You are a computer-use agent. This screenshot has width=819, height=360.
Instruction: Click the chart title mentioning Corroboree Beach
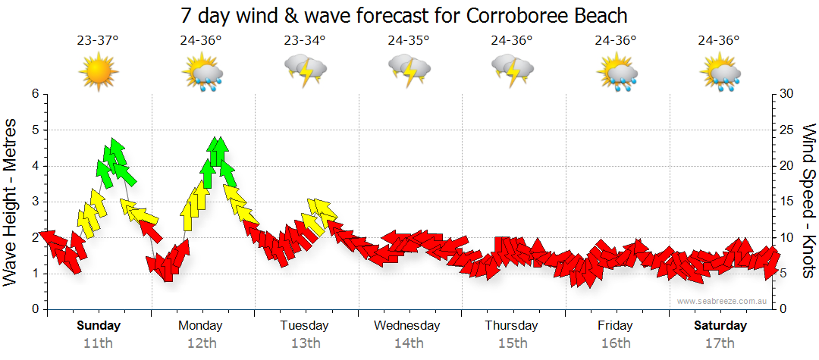[x=405, y=15]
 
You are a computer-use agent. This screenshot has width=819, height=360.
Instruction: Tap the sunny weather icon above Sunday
[x=99, y=72]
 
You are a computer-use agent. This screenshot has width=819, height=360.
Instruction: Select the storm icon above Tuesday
[x=305, y=71]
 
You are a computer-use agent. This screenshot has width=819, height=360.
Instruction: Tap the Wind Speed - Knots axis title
[x=807, y=201]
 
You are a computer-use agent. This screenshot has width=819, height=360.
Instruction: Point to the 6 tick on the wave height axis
[x=34, y=94]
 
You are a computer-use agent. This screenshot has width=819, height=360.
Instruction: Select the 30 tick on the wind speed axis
[x=786, y=94]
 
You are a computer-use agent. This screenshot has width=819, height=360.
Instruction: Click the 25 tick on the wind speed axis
[x=786, y=130]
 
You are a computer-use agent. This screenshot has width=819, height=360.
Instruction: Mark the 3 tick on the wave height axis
[x=34, y=202]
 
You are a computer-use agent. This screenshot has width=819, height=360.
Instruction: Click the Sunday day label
[x=99, y=326]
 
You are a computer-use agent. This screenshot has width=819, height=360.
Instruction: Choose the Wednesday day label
[x=407, y=326]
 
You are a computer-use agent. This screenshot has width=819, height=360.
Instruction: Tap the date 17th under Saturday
[x=720, y=343]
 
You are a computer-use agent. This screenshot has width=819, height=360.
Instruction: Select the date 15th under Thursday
[x=513, y=343]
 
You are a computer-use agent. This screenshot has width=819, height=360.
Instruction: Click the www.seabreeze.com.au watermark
[x=723, y=302]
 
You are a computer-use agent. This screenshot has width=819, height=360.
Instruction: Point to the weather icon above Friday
[x=616, y=73]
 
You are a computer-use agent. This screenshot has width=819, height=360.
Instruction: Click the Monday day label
[x=200, y=326]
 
